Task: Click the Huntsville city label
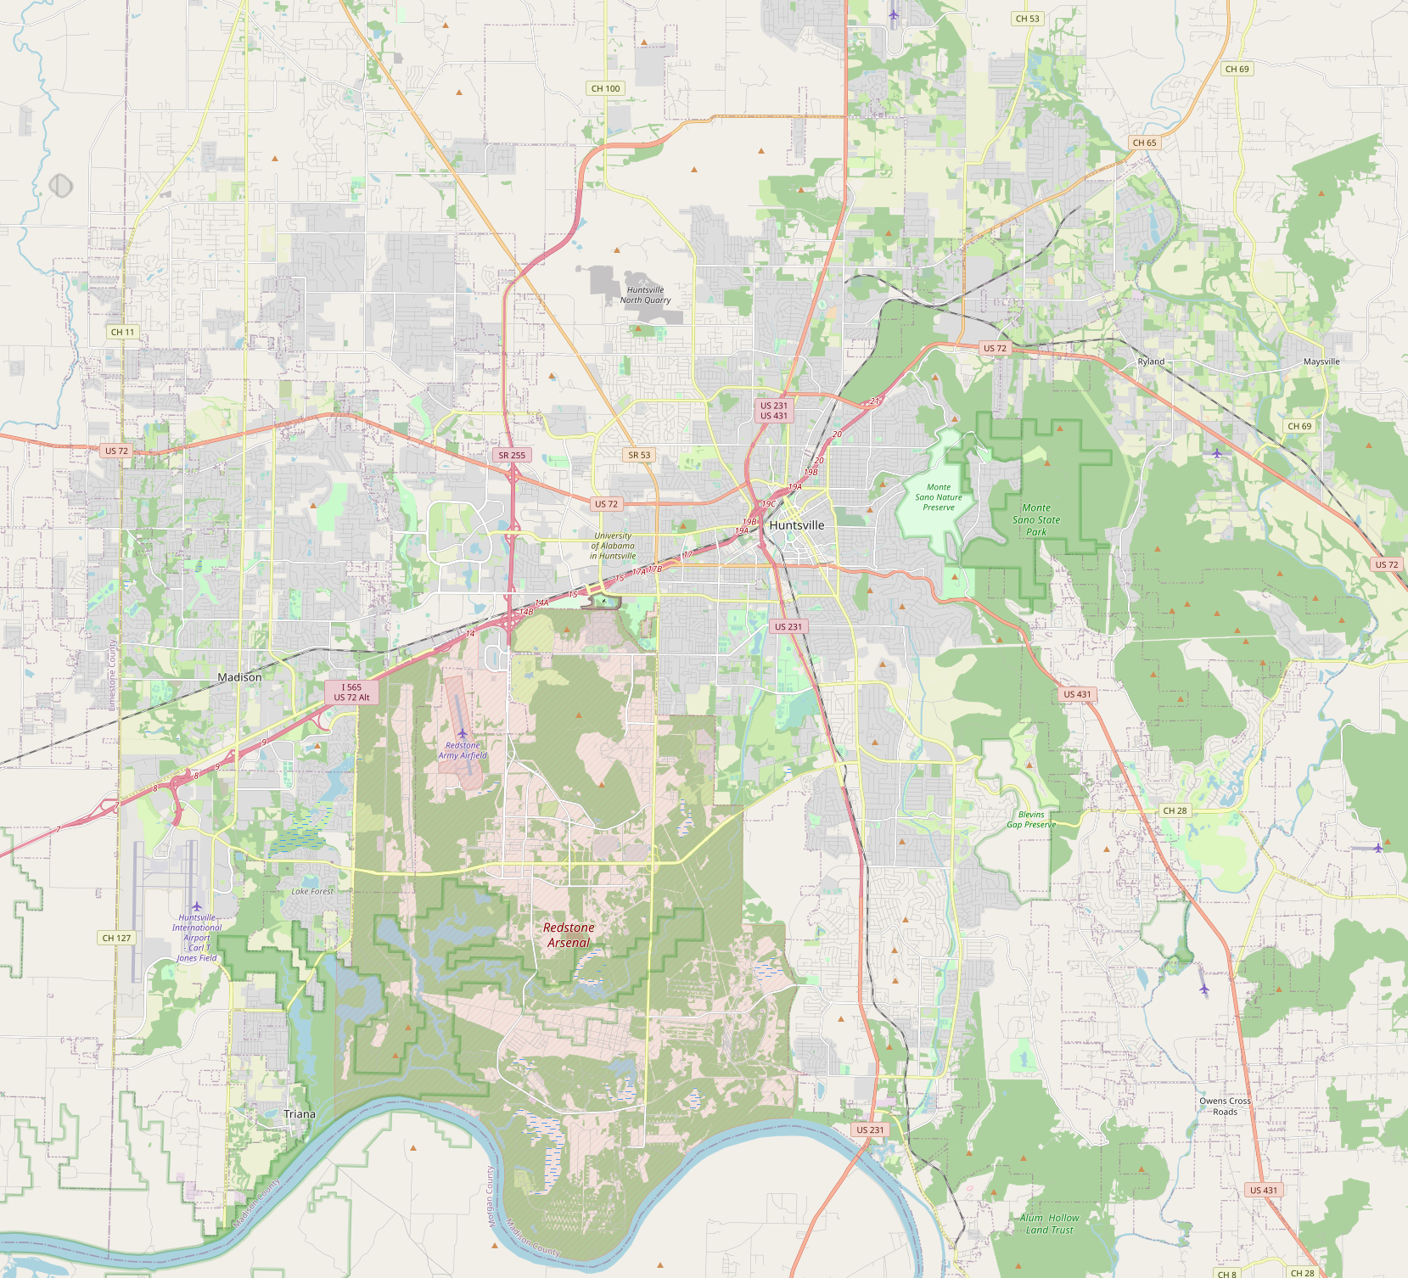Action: point(796,525)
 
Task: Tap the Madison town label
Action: point(239,677)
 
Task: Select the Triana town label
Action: point(300,1114)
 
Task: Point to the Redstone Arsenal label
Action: point(569,935)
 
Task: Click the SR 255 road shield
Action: point(512,455)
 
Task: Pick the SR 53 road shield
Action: point(639,455)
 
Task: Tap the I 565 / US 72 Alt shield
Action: point(351,692)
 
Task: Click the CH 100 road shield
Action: point(606,88)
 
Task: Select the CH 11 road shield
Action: point(123,332)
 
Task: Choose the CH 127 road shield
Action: point(116,938)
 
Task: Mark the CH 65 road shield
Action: point(1145,143)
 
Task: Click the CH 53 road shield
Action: point(1027,19)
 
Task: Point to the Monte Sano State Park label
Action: point(1036,519)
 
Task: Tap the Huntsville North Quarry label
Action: point(645,294)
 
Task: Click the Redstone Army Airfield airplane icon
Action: point(462,733)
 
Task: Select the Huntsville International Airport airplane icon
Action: point(197,906)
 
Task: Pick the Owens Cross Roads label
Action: point(1225,1106)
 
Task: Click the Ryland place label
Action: point(1151,362)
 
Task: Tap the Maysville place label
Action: point(1321,362)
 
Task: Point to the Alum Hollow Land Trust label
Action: point(1050,1224)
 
